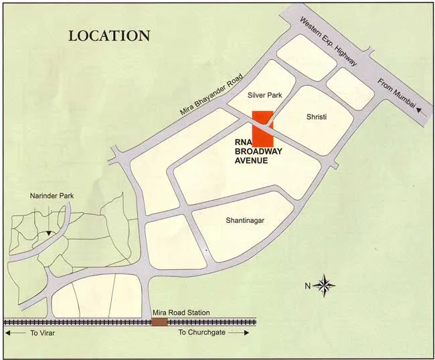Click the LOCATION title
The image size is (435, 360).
109,35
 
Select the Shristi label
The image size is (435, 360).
316,117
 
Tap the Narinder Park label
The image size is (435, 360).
52,196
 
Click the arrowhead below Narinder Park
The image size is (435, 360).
48,232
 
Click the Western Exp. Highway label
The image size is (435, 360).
328,41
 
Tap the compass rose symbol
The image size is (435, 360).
324,286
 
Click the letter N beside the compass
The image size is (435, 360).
308,286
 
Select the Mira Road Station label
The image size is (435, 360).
180,312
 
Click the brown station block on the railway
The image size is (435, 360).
159,322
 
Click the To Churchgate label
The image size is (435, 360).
203,332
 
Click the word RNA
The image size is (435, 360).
242,142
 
